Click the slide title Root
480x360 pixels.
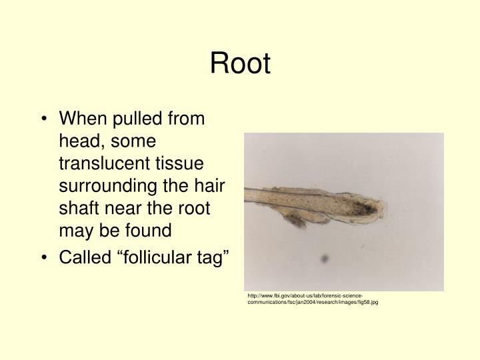point(240,65)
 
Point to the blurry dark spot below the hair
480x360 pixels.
point(325,259)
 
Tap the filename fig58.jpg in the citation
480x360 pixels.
point(365,302)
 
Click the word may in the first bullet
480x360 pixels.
point(75,231)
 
